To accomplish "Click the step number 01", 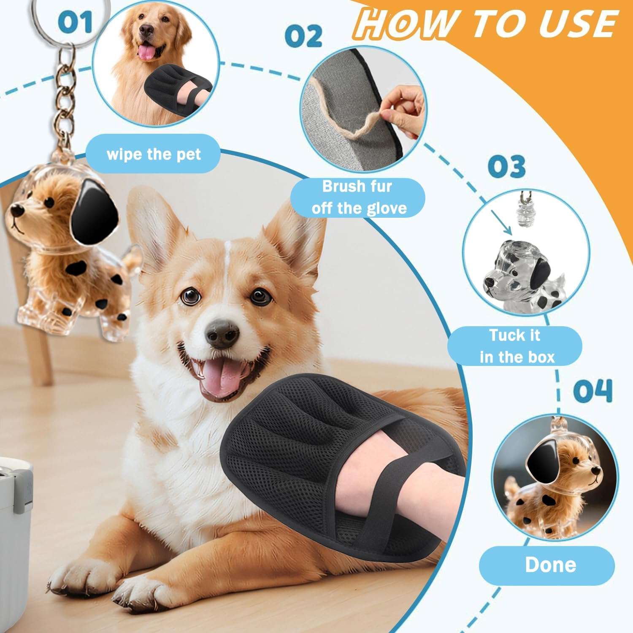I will pos(75,22).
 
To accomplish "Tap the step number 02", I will pos(303,36).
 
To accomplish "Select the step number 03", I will pos(506,166).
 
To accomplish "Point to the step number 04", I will pos(592,391).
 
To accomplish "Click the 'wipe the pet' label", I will pos(154,154).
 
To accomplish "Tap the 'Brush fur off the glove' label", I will pos(358,197).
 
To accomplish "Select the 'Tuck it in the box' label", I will pos(515,346).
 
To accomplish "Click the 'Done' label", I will pos(550,565).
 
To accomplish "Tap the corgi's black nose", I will pos(222,333).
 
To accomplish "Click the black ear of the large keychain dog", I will pos(94,215).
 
